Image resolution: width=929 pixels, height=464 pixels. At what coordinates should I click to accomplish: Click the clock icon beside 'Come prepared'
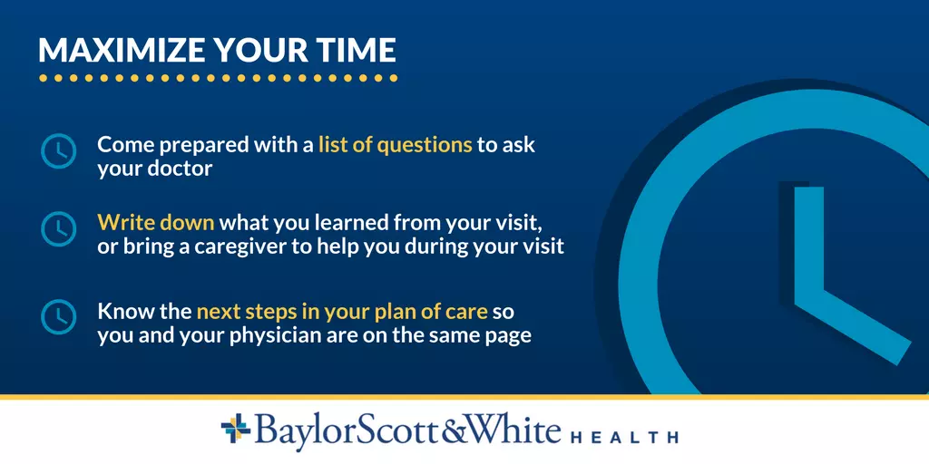(x=59, y=151)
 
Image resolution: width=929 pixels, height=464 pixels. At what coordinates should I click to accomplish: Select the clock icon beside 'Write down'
(x=59, y=229)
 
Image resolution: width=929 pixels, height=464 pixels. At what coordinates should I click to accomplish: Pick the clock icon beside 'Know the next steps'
(x=59, y=316)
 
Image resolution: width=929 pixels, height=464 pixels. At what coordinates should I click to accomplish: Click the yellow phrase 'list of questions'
(x=396, y=145)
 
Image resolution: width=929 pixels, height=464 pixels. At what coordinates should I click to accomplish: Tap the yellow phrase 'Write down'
(x=156, y=223)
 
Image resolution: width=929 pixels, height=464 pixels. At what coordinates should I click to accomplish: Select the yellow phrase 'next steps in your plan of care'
(x=342, y=312)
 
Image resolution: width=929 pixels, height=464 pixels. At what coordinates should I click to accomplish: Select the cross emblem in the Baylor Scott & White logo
(x=236, y=429)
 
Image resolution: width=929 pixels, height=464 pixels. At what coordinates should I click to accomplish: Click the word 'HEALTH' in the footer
(x=624, y=438)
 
